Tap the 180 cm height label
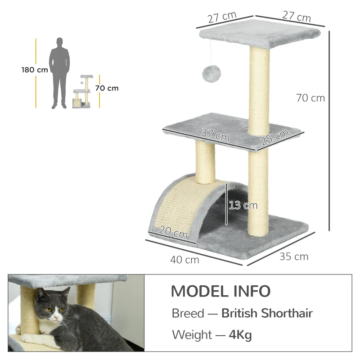click(x=35, y=70)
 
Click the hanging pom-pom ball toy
click(x=210, y=72)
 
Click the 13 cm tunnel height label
click(x=243, y=205)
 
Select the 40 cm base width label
click(x=184, y=260)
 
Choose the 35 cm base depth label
click(x=294, y=256)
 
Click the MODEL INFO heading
click(x=220, y=291)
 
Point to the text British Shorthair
click(x=267, y=313)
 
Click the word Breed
click(x=188, y=313)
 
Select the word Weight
click(x=192, y=335)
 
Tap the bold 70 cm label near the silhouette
click(x=107, y=88)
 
